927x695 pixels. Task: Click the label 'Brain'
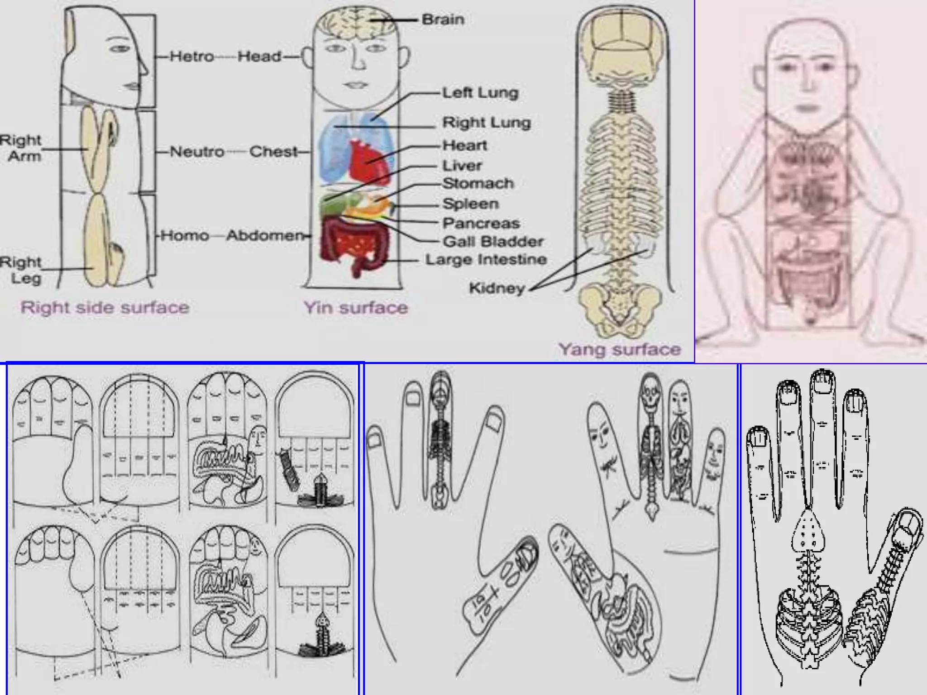click(x=443, y=19)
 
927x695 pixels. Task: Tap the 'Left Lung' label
click(x=480, y=93)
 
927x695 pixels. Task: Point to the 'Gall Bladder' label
click(x=493, y=241)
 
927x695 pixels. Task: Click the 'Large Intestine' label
click(x=486, y=260)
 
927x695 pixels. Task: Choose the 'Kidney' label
click(x=497, y=288)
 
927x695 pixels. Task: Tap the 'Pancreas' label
click(x=481, y=223)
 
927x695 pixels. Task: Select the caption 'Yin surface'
click(x=356, y=308)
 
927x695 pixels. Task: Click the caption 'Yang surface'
click(x=619, y=349)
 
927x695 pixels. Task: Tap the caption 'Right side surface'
click(x=105, y=308)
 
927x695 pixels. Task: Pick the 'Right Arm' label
click(x=21, y=148)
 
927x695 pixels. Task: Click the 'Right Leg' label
click(x=21, y=270)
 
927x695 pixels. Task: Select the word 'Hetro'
click(x=192, y=57)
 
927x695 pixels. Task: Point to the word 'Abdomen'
click(x=265, y=235)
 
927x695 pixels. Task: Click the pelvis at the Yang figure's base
click(x=619, y=305)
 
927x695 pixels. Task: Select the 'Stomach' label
click(x=478, y=183)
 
